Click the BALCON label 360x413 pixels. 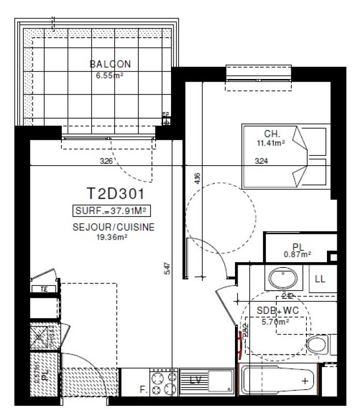pyautogui.click(x=110, y=65)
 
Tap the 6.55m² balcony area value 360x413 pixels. pyautogui.click(x=109, y=74)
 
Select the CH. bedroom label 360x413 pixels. pyautogui.click(x=272, y=133)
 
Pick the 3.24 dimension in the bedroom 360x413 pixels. pyautogui.click(x=262, y=161)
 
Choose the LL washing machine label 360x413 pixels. pyautogui.click(x=320, y=279)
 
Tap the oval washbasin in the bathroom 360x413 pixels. pyautogui.click(x=283, y=279)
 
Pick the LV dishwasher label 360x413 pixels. pyautogui.click(x=195, y=381)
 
